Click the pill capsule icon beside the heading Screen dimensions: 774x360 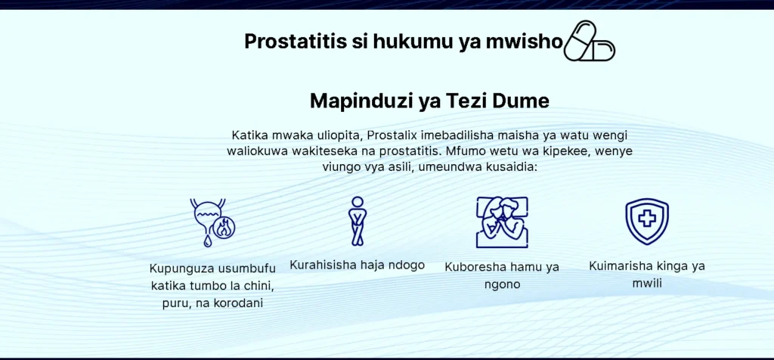click(589, 41)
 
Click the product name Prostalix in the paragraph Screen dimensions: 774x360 click(392, 135)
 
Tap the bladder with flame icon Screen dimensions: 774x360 click(212, 222)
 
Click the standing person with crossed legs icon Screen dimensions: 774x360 click(358, 221)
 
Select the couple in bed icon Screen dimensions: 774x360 click(502, 222)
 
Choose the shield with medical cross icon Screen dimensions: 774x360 click(647, 222)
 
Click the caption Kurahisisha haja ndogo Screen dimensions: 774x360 click(357, 265)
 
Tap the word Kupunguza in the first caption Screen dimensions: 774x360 click(181, 269)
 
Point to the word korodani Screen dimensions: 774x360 click(238, 303)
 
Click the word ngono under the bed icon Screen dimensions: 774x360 click(502, 285)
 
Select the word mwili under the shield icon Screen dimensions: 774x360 click(647, 284)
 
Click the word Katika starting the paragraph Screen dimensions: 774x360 click(248, 135)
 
